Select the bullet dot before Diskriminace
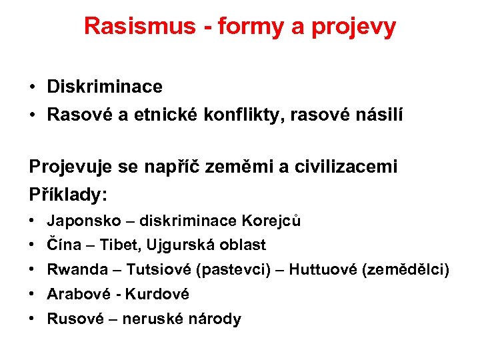click(33, 87)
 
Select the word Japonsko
click(80, 221)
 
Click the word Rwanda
click(77, 269)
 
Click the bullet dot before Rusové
click(33, 319)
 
